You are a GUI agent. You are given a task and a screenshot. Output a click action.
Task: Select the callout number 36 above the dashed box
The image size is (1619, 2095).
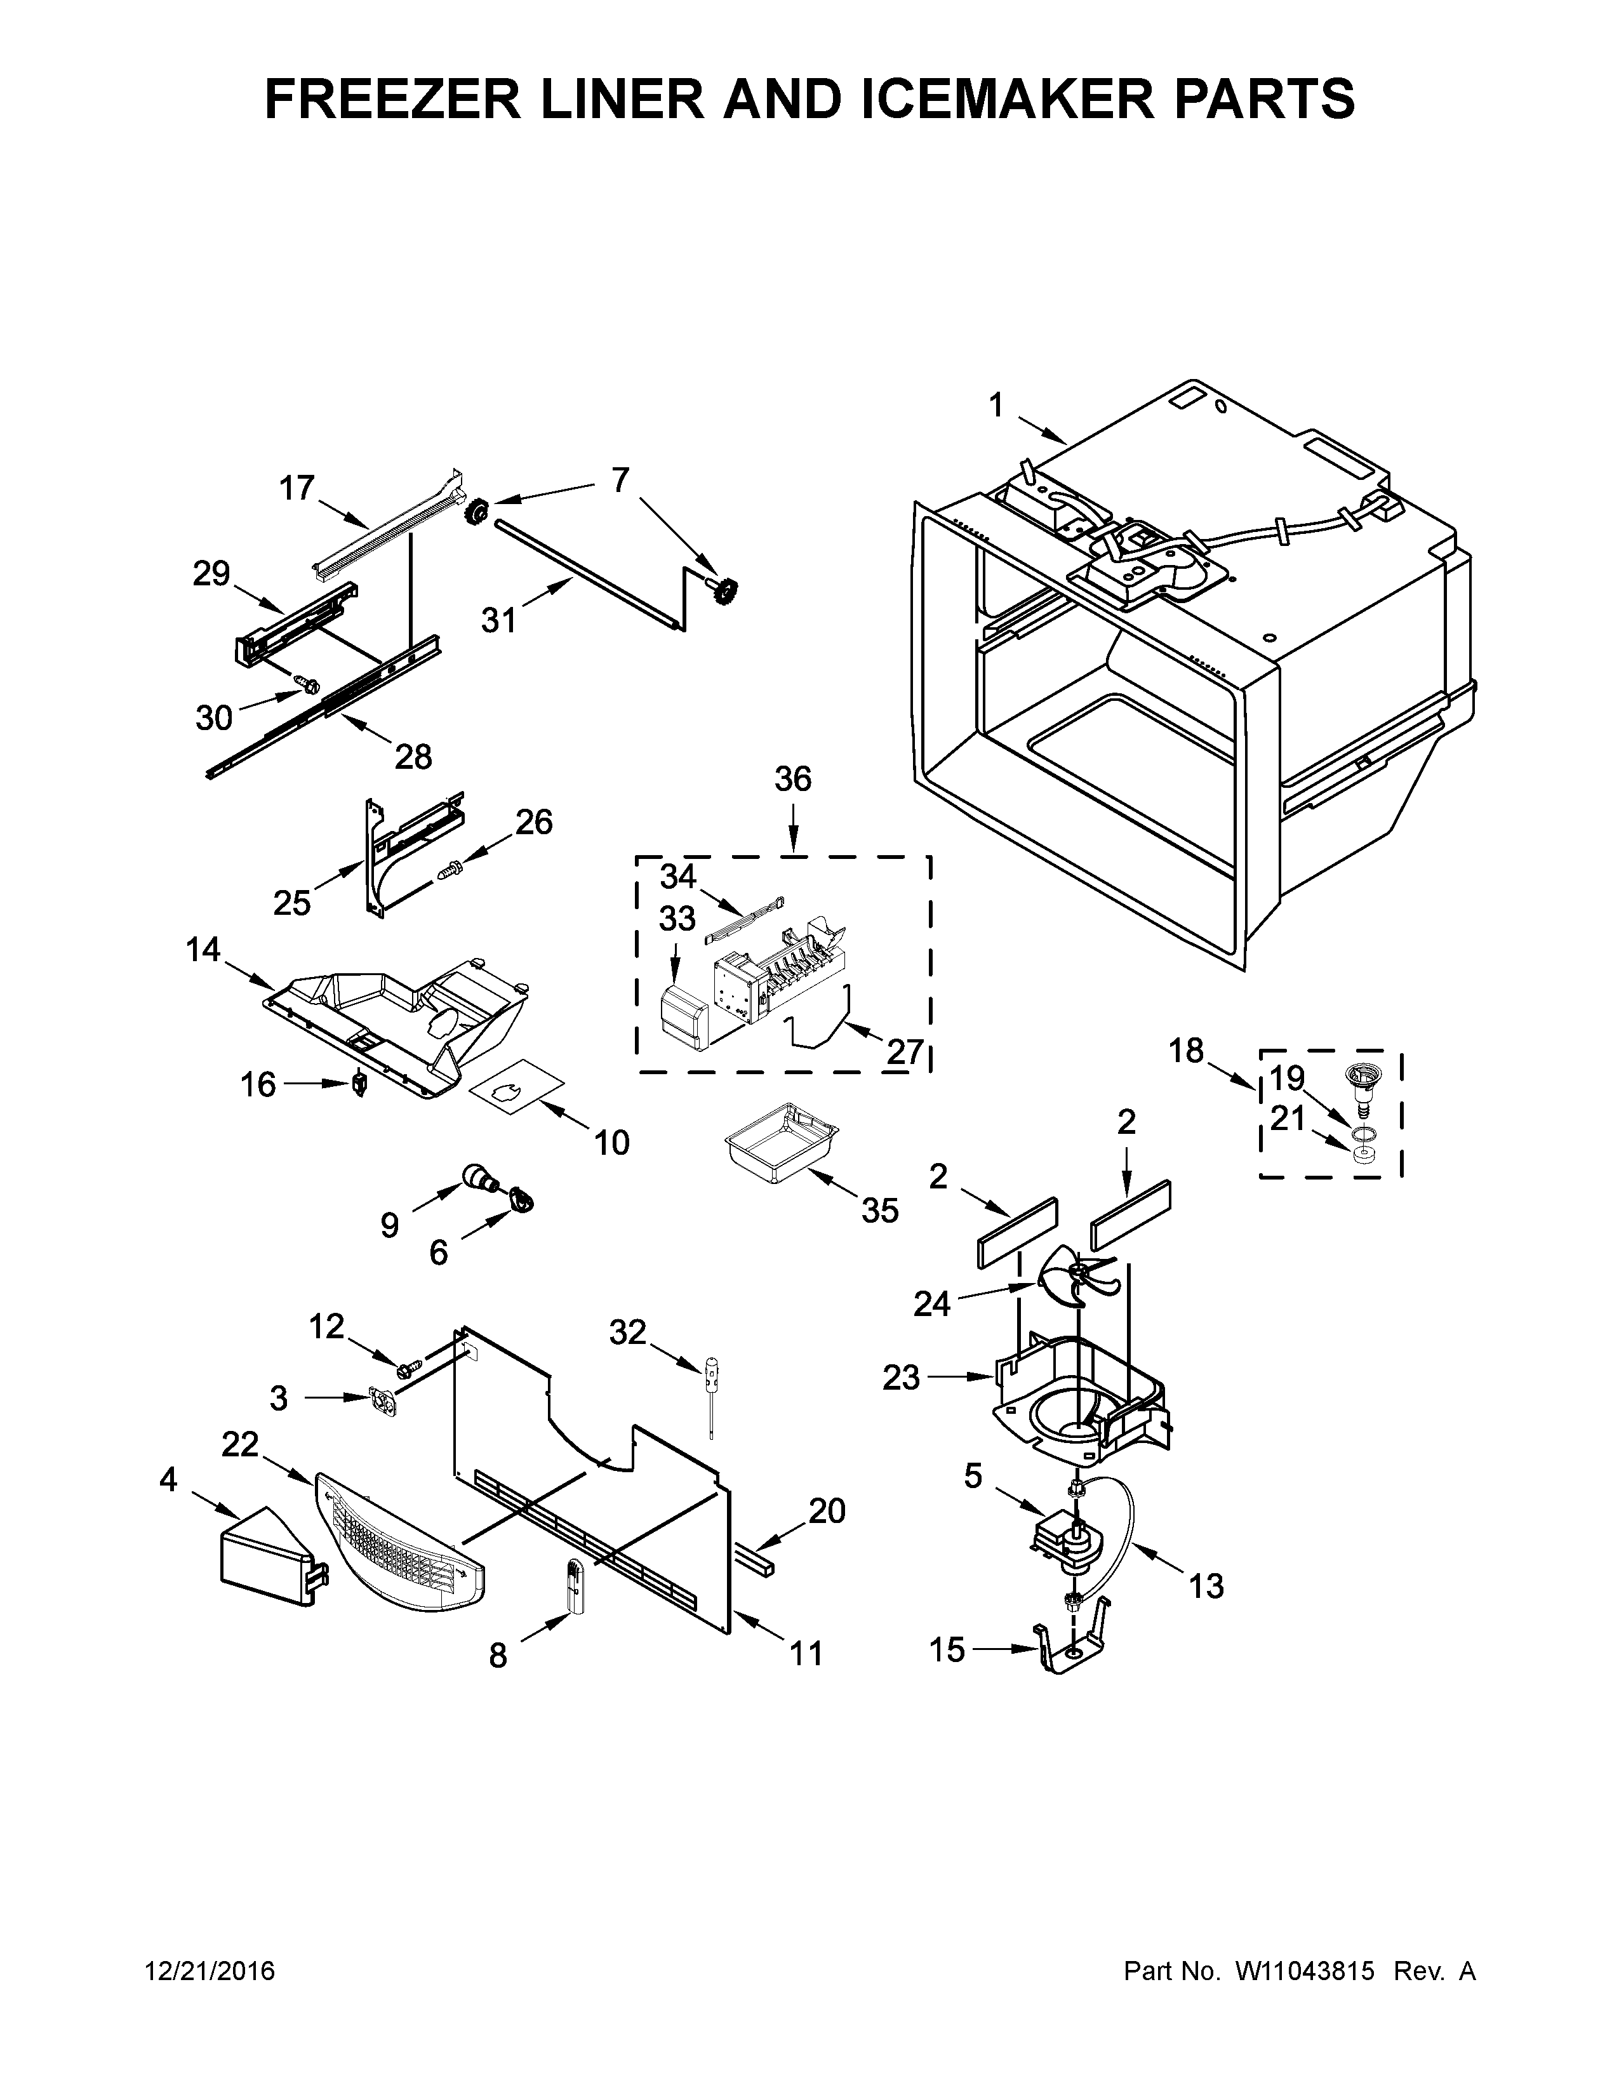pos(793,779)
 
